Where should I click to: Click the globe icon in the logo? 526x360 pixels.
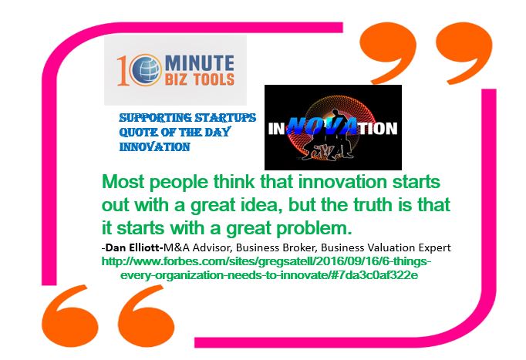tap(144, 69)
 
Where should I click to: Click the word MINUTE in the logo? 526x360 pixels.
tap(200, 63)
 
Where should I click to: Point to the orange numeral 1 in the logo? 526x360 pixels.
tap(123, 71)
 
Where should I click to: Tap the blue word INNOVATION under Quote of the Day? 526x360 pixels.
tap(155, 146)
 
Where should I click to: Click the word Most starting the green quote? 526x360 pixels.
tap(123, 182)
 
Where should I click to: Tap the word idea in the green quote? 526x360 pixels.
tap(258, 205)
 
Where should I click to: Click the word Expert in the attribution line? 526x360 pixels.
tap(434, 247)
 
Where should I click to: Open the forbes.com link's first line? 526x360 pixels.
tap(266, 261)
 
